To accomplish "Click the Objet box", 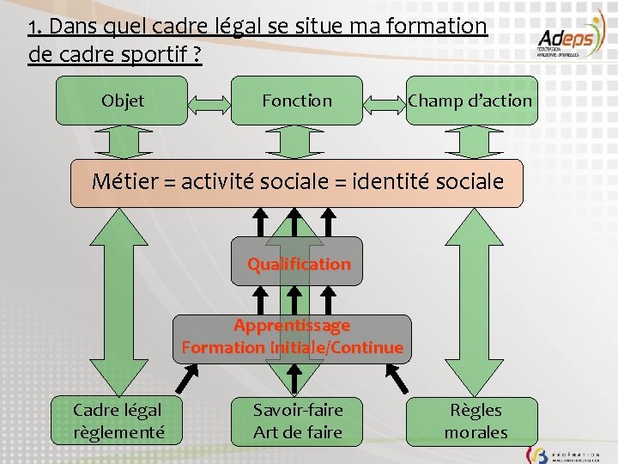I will coord(122,101).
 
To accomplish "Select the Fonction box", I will coord(296,101).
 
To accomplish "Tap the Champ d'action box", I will coord(470,101).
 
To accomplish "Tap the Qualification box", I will coord(298,264).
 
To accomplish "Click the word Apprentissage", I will coord(292,326).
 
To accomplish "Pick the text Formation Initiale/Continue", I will coord(292,348).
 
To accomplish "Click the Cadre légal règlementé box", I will coord(118,421).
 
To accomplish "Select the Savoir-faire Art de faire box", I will coord(297,421).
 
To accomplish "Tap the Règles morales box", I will coord(476,421).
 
